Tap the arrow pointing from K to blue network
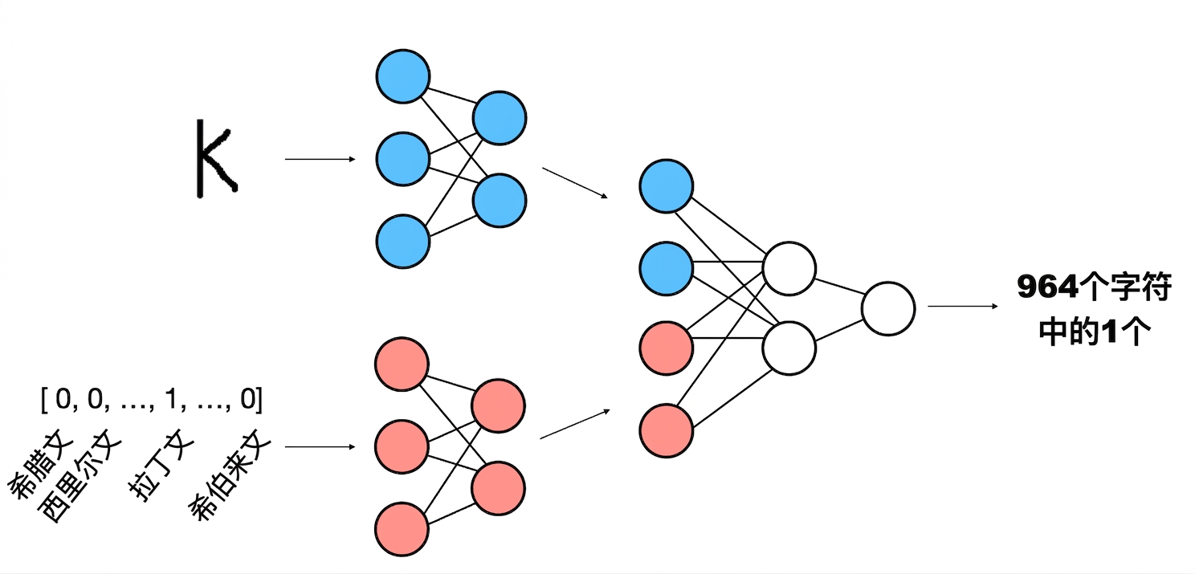click(x=320, y=159)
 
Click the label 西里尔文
click(x=79, y=476)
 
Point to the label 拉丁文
click(x=161, y=465)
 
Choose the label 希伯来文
click(x=230, y=474)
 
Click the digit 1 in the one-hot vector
click(x=171, y=398)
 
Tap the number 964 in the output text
click(x=1047, y=287)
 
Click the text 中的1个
click(x=1094, y=332)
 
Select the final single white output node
click(x=888, y=309)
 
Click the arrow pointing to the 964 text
click(x=963, y=306)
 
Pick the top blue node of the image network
click(x=403, y=76)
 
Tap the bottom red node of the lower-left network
click(x=402, y=529)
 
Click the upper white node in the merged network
click(x=789, y=268)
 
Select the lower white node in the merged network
click(x=789, y=348)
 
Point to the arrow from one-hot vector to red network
click(x=320, y=446)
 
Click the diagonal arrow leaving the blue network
click(x=575, y=183)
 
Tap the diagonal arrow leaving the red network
click(x=575, y=424)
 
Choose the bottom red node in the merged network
click(x=667, y=431)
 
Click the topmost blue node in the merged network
click(x=667, y=186)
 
